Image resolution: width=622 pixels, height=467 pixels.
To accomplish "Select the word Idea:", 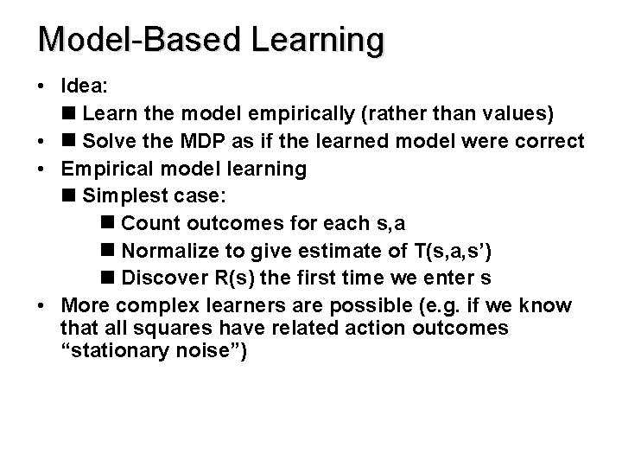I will (82, 86).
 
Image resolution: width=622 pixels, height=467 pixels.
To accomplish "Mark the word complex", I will (153, 305).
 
